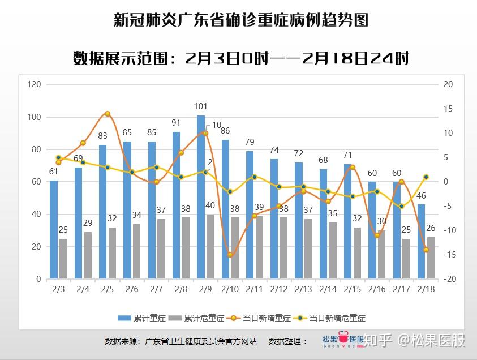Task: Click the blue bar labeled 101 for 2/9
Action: pos(201,198)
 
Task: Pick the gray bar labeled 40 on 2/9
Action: pos(210,247)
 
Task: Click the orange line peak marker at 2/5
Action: pos(108,114)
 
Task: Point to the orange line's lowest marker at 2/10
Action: pos(230,255)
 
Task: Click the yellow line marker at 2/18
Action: pos(426,177)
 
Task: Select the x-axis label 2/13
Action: pos(303,289)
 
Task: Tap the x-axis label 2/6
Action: pos(132,289)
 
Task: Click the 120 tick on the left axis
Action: pos(35,84)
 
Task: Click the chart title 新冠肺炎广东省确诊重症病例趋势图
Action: pos(240,20)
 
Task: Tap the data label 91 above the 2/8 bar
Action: pos(176,123)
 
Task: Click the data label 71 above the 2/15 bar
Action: pos(347,155)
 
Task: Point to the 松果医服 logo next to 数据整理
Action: pos(343,341)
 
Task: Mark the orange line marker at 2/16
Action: pos(377,235)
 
